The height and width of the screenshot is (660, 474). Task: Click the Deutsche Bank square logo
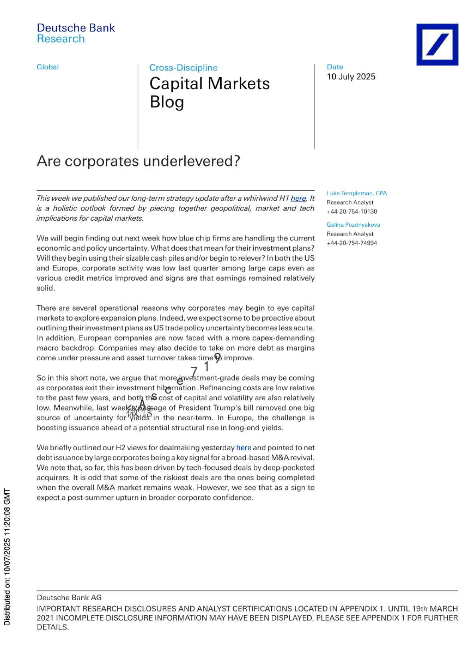[x=437, y=44]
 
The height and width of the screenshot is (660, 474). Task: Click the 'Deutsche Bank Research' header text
[x=76, y=33]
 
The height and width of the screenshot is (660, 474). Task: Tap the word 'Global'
[x=47, y=67]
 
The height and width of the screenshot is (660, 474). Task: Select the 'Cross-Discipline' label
[x=184, y=67]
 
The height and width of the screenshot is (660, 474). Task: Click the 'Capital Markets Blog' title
[x=209, y=93]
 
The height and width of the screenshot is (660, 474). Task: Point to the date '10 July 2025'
[x=351, y=77]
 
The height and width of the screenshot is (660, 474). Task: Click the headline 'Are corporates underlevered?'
[x=138, y=161]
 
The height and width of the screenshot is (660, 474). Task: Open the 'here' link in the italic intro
[x=298, y=198]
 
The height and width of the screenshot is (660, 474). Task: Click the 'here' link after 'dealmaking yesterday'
[x=243, y=448]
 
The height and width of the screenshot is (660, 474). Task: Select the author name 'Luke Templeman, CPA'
[x=357, y=193]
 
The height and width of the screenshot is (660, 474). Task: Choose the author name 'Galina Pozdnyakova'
[x=353, y=225]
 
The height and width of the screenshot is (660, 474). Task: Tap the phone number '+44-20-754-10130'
[x=352, y=211]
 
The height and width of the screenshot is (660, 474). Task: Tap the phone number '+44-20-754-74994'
[x=352, y=243]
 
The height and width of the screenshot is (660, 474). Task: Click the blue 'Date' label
[x=335, y=67]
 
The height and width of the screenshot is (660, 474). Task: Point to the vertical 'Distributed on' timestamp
[x=7, y=557]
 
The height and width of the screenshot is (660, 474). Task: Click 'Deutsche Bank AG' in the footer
[x=69, y=597]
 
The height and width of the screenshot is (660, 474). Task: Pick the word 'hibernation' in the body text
[x=176, y=388]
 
